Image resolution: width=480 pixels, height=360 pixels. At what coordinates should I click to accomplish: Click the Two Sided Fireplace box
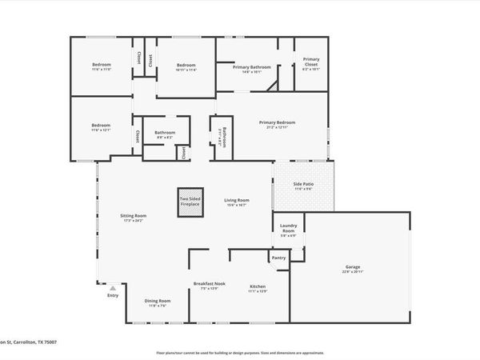coord(189,203)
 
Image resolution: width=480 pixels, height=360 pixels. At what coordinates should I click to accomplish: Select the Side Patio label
coord(303,185)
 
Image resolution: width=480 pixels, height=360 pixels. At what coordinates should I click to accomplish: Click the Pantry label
coord(278,258)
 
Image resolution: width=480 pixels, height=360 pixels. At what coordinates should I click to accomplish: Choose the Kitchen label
coord(258,286)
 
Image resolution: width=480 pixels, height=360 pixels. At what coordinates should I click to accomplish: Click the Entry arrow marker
coord(113,288)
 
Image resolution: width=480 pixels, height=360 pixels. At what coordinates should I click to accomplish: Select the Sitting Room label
coord(134,216)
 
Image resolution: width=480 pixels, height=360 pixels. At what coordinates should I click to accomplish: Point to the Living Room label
coord(236,200)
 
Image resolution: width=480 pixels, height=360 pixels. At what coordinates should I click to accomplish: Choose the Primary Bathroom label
coord(252,67)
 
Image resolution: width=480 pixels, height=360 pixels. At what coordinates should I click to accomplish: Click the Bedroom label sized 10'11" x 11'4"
coord(186,65)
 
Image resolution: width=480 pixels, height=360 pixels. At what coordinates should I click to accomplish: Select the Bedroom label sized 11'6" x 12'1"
coord(101,126)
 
